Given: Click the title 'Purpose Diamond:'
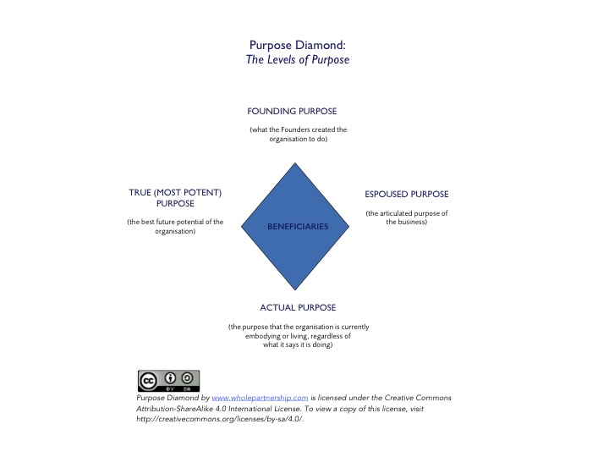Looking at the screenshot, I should [297, 46].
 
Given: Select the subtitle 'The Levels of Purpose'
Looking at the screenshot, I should [297, 61].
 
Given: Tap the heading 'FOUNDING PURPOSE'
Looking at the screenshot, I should [292, 111].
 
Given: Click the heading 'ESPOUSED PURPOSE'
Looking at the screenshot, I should [406, 194].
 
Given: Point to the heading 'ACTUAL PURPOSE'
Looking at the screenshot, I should [298, 306].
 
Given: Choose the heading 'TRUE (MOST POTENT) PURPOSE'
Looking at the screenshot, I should [175, 198].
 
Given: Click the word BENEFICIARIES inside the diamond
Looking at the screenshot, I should [297, 227].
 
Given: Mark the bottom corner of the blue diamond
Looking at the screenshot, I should [298, 291].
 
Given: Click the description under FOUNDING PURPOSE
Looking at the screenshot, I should [298, 135].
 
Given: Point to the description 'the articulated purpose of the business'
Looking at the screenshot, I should [406, 218].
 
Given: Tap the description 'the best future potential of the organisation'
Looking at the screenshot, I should [175, 227].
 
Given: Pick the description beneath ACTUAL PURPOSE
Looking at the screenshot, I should [298, 336].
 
